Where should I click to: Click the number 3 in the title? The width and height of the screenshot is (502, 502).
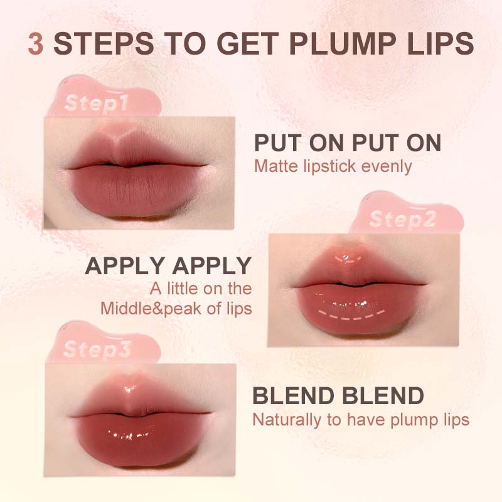coord(36,45)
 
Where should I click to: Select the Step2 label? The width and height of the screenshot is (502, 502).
coord(402,220)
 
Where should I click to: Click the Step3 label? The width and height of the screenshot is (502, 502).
coord(97,349)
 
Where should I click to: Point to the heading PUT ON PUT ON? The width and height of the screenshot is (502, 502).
coord(347,143)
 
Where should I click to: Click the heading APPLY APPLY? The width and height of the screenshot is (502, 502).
coord(168,266)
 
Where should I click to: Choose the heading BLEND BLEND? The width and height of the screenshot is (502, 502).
coord(338,396)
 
